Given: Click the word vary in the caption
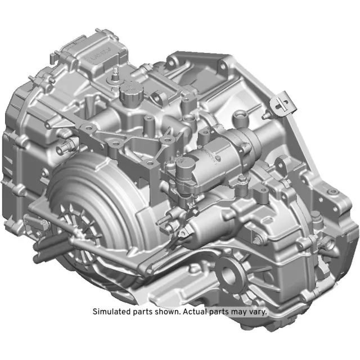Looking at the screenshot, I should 256,311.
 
